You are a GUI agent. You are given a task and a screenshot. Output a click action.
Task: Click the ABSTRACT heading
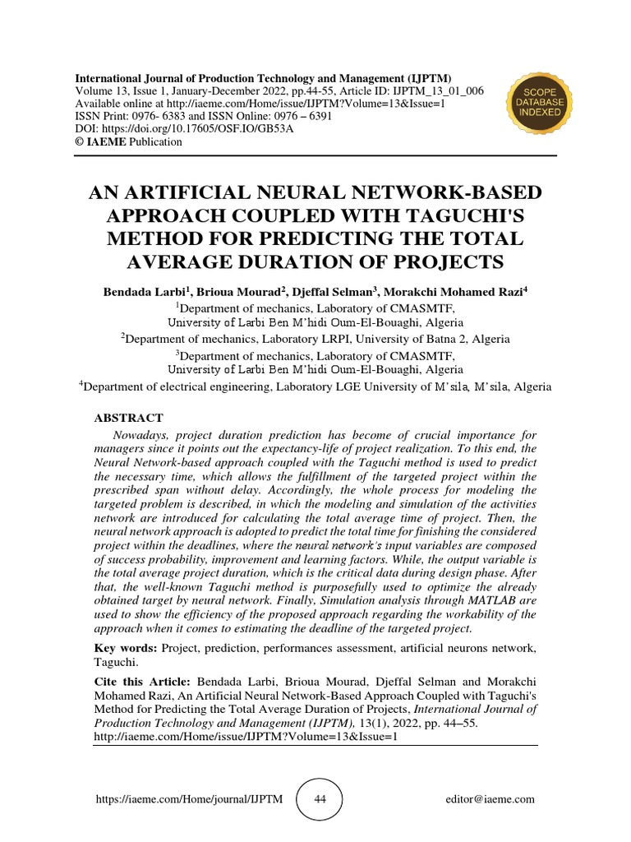[x=130, y=418]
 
